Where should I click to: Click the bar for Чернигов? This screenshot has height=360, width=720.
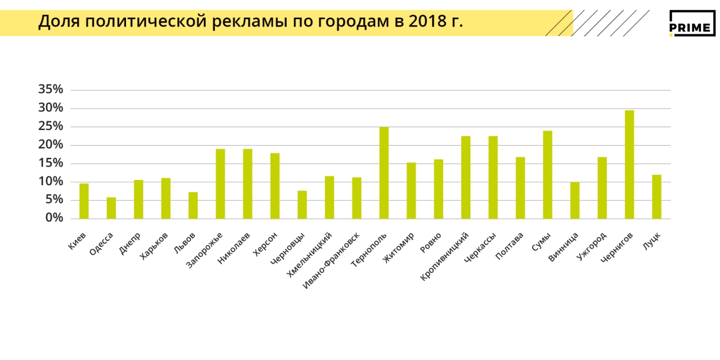tap(629, 164)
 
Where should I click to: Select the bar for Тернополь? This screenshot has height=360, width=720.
tap(384, 173)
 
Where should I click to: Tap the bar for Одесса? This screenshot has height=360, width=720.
tap(111, 208)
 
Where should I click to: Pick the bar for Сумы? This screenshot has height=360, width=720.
tap(547, 174)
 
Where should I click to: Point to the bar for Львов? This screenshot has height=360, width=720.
tap(193, 205)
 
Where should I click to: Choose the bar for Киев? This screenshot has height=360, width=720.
tap(84, 201)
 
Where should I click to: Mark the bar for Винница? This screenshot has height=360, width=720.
tap(575, 200)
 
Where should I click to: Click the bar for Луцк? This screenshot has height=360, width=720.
tap(656, 197)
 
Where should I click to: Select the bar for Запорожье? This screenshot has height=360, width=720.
tap(220, 183)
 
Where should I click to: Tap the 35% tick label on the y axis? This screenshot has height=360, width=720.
tap(51, 89)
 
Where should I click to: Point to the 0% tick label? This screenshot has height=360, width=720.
tap(54, 218)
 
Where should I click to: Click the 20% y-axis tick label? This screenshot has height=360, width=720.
tap(51, 145)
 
